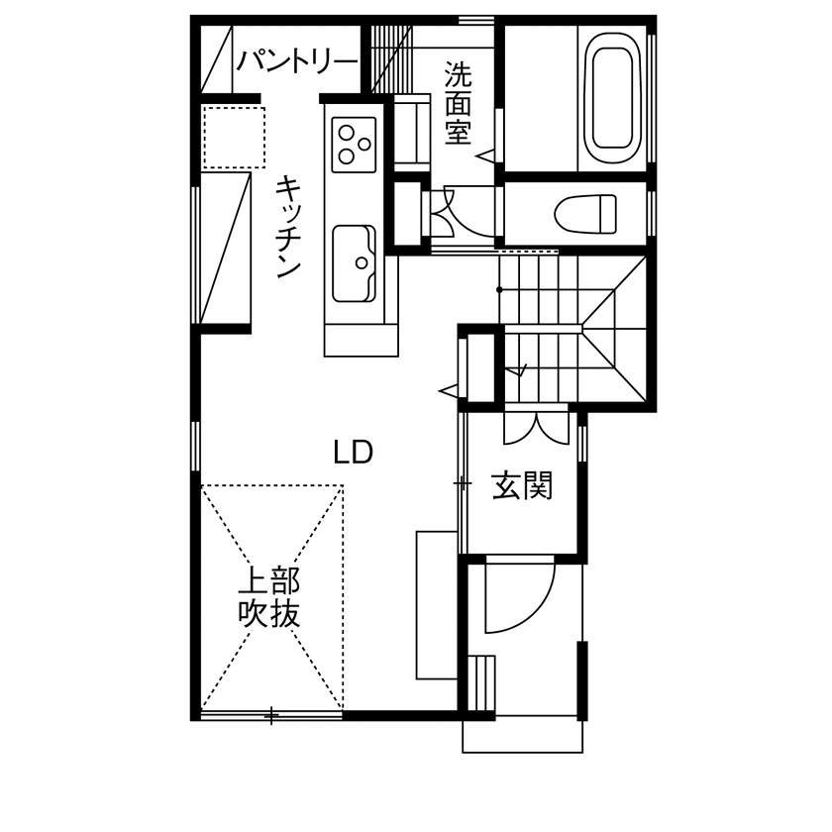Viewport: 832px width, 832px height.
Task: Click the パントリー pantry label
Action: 296,62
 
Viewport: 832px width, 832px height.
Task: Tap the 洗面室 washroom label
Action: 457,103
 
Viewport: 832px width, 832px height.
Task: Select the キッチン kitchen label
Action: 286,226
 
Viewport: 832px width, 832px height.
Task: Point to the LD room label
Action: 352,453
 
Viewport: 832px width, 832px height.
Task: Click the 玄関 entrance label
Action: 521,486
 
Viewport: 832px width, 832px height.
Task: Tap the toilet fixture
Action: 585,210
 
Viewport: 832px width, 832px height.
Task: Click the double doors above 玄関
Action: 534,425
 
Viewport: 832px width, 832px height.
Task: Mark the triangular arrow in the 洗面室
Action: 485,155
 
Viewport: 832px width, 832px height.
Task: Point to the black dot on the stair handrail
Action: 500,289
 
